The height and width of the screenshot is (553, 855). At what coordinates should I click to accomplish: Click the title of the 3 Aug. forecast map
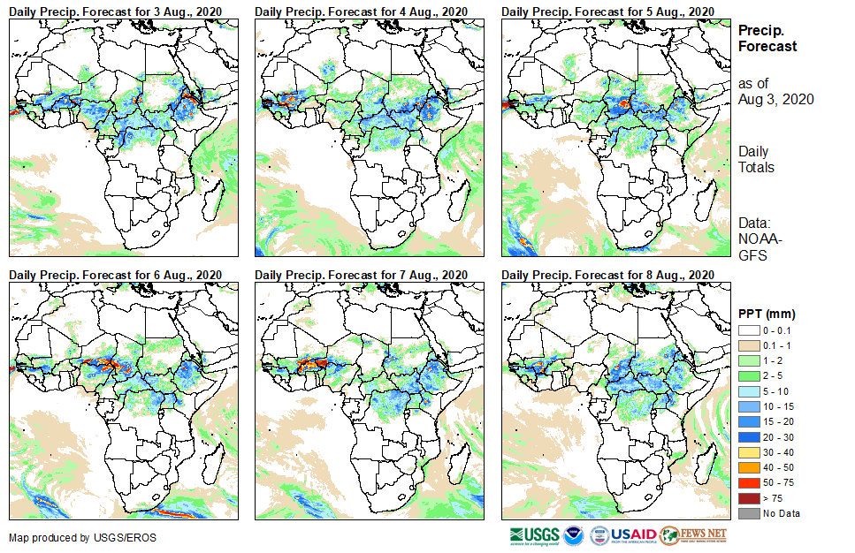115,11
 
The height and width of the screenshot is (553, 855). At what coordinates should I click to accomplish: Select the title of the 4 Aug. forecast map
361,11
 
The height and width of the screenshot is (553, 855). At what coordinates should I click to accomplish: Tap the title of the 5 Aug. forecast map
607,11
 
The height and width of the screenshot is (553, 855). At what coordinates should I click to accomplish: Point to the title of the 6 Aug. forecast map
115,275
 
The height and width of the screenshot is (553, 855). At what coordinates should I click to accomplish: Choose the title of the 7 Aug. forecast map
361,275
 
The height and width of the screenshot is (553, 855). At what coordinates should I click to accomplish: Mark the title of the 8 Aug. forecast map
607,275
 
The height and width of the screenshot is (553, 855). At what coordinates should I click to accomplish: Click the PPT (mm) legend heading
767,314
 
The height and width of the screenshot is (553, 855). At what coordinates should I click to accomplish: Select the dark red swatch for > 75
748,499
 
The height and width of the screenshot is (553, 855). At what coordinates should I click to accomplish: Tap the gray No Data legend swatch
748,513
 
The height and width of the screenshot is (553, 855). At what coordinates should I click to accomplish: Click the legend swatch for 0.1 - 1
748,344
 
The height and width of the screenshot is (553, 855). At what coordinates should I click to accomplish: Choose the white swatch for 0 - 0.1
748,330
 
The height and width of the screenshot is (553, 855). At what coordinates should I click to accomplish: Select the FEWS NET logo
693,535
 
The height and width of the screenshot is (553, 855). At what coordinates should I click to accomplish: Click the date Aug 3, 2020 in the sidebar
775,99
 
